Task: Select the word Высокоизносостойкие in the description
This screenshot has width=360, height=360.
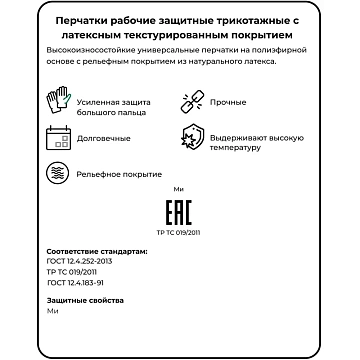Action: (91, 47)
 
